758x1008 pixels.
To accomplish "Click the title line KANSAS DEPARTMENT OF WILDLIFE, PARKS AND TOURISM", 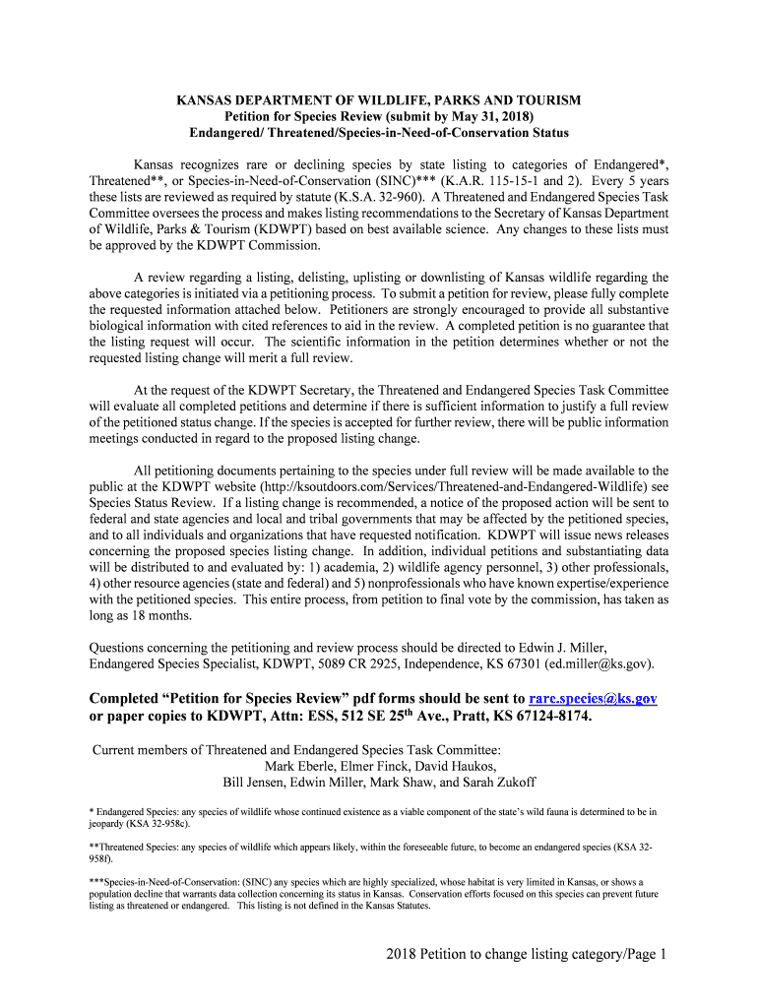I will pyautogui.click(x=379, y=100).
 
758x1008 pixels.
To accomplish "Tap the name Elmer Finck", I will pyautogui.click(x=382, y=767).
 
